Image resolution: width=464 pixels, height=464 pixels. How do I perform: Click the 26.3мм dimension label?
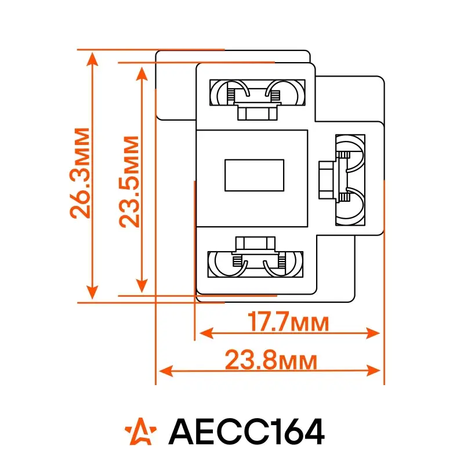pyautogui.click(x=79, y=173)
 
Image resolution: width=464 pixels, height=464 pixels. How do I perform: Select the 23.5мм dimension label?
pyautogui.click(x=129, y=182)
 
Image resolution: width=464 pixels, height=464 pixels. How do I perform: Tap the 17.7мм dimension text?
pyautogui.click(x=288, y=321)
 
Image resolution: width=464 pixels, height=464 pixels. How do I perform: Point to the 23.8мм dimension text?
pyautogui.click(x=271, y=360)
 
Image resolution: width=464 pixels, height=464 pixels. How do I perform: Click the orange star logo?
pyautogui.click(x=140, y=431)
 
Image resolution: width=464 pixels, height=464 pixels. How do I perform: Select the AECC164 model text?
pyautogui.click(x=246, y=432)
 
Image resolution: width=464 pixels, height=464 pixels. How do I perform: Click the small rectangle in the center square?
pyautogui.click(x=255, y=175)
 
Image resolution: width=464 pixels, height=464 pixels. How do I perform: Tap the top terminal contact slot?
pyautogui.click(x=258, y=92)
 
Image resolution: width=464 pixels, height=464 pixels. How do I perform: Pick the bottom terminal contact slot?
pyautogui.click(x=255, y=264)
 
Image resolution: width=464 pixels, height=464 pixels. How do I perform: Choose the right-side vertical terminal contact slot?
pyautogui.click(x=350, y=180)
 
